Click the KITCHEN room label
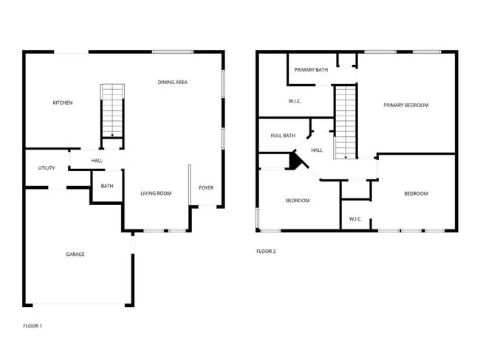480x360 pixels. point(62,103)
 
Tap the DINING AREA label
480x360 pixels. point(172,82)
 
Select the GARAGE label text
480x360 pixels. point(75,255)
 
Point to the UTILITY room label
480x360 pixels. point(47,168)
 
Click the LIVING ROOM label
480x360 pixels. point(156,193)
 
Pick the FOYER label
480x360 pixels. point(206,187)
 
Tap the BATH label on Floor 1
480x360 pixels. point(107,186)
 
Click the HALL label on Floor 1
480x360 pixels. point(97,161)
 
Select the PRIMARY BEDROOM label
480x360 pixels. point(405,105)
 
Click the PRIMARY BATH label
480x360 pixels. point(311,70)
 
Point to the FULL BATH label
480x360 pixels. point(283,136)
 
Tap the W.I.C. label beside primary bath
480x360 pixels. point(295,101)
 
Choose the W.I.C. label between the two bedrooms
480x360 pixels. point(355,218)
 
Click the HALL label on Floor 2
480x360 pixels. point(317,150)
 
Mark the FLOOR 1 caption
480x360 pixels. point(32,325)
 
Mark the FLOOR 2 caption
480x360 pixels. point(266,252)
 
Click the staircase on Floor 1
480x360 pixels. point(112,110)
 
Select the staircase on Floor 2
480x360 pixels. point(345,121)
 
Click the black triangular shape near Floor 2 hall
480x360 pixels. point(297,161)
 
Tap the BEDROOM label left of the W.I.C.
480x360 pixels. point(298,201)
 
